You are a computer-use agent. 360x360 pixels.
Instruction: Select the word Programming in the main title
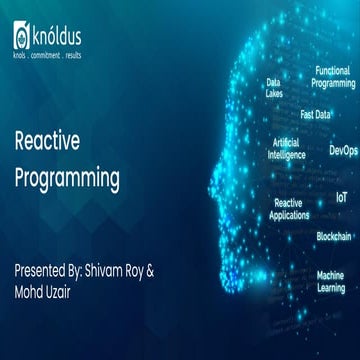point(67,179)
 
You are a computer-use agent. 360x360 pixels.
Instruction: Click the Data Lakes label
point(273,88)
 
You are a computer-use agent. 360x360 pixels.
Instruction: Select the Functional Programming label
point(333,77)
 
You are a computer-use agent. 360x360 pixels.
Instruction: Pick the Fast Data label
point(315,114)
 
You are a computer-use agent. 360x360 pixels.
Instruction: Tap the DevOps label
point(342,150)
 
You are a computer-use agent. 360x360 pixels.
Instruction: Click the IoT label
point(342,199)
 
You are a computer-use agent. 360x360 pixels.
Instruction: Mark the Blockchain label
point(334,236)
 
